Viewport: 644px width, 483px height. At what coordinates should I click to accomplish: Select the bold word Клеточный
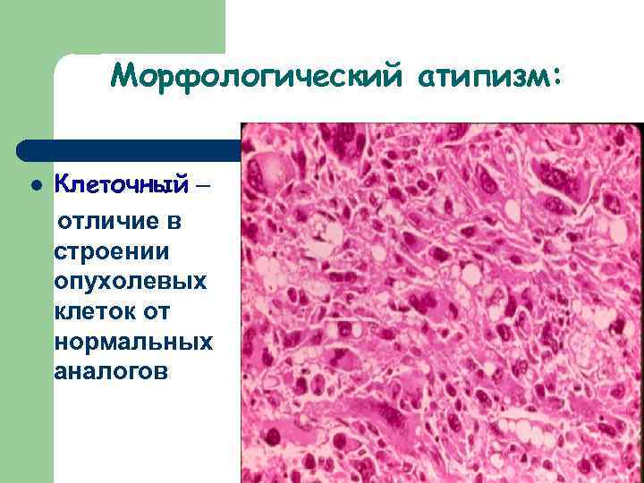pyautogui.click(x=122, y=184)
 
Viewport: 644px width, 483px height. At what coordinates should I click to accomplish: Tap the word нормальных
pyautogui.click(x=133, y=343)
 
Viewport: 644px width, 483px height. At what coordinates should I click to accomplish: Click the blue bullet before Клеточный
pyautogui.click(x=35, y=187)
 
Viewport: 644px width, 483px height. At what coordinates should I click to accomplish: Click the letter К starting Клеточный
pyautogui.click(x=62, y=184)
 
